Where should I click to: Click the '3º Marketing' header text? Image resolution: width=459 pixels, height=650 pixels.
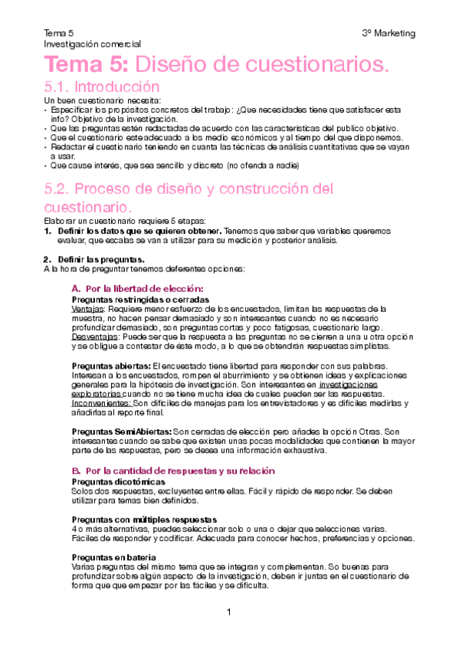pyautogui.click(x=389, y=34)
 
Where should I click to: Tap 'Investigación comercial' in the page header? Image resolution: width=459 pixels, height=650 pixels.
pyautogui.click(x=92, y=44)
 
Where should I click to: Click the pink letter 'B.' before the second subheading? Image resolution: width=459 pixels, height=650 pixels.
pyautogui.click(x=76, y=469)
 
